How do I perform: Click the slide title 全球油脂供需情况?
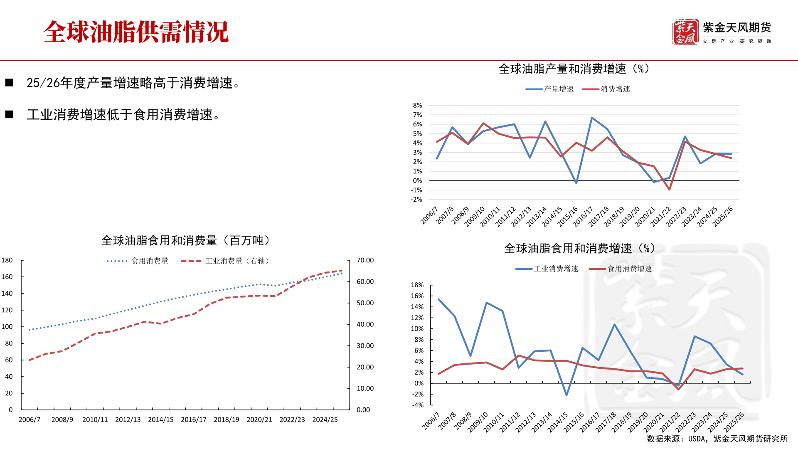(x=136, y=32)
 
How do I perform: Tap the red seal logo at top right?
(x=685, y=32)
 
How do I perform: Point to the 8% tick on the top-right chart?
(x=417, y=106)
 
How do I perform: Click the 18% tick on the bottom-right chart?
(x=417, y=285)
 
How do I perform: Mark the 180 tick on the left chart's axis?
(x=7, y=260)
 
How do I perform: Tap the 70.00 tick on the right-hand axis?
(x=365, y=260)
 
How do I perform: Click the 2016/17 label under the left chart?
(x=194, y=419)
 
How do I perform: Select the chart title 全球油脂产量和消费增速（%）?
(x=574, y=69)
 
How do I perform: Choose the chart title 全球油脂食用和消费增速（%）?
(x=579, y=249)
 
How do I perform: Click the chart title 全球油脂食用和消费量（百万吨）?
(x=185, y=241)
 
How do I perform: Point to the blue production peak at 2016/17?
(x=592, y=118)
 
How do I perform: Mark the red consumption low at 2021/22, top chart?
(x=670, y=190)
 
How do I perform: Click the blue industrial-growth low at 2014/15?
(x=566, y=395)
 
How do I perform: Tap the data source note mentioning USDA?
(x=717, y=439)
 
